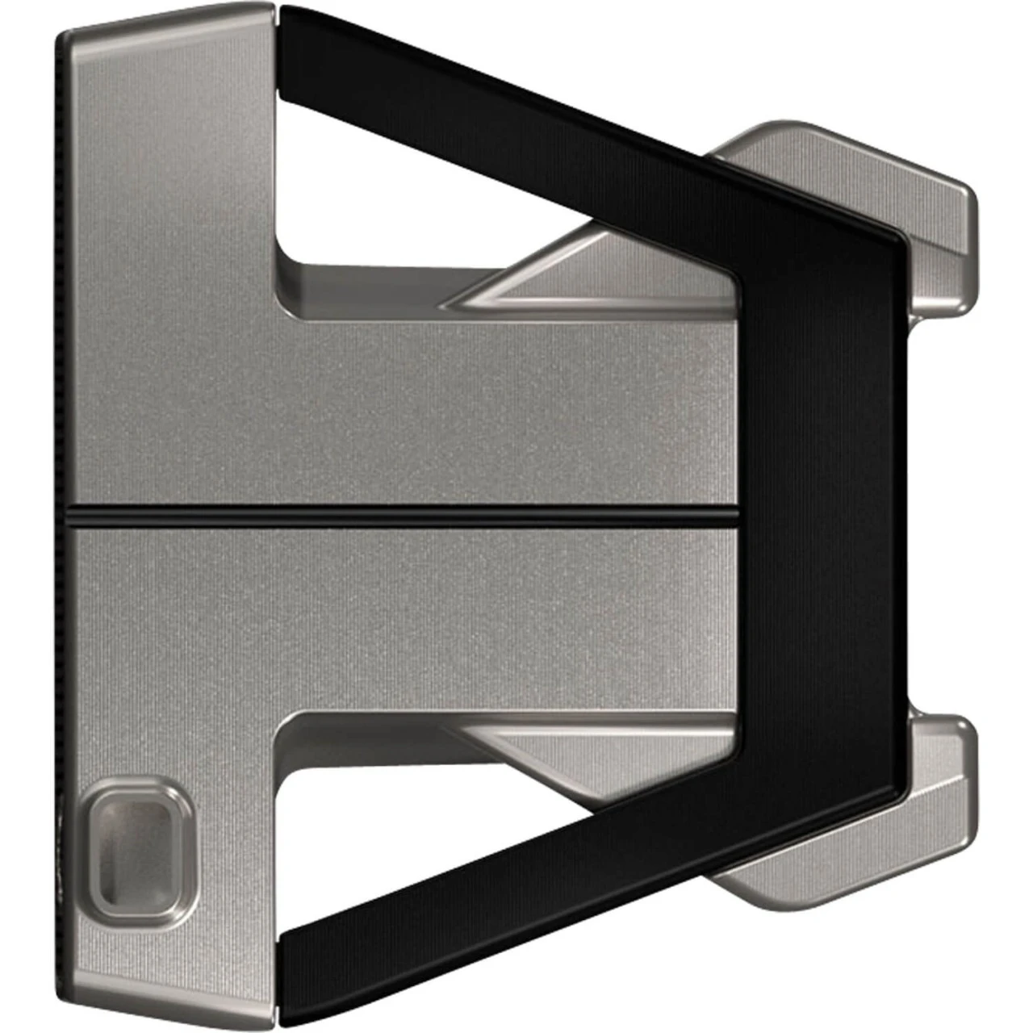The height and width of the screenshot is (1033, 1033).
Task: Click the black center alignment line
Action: click(404, 514)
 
